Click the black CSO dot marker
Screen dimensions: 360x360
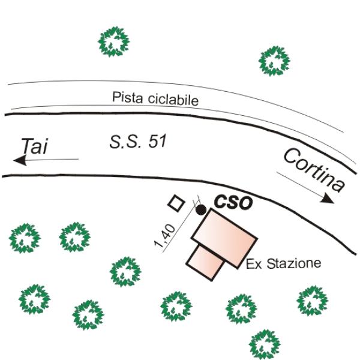pyautogui.click(x=201, y=209)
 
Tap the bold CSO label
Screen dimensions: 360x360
pyautogui.click(x=233, y=202)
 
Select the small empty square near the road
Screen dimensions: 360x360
pyautogui.click(x=176, y=203)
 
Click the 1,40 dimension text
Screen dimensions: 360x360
pyautogui.click(x=165, y=236)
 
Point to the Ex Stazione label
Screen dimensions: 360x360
pyautogui.click(x=284, y=263)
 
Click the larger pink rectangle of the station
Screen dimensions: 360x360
pyautogui.click(x=224, y=238)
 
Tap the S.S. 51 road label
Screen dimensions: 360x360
pyautogui.click(x=138, y=141)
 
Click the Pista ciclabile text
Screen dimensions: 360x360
pyautogui.click(x=155, y=99)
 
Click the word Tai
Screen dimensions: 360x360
pyautogui.click(x=35, y=146)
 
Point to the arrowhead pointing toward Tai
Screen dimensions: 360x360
pyautogui.click(x=20, y=160)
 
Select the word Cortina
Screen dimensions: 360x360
pyautogui.click(x=314, y=170)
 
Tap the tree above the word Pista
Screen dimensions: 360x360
pyautogui.click(x=113, y=41)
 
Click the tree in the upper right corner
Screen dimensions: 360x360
pyautogui.click(x=274, y=61)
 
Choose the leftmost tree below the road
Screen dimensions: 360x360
pyautogui.click(x=25, y=238)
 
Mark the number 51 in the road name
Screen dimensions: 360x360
pyautogui.click(x=157, y=141)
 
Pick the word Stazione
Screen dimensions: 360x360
pyautogui.click(x=294, y=263)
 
